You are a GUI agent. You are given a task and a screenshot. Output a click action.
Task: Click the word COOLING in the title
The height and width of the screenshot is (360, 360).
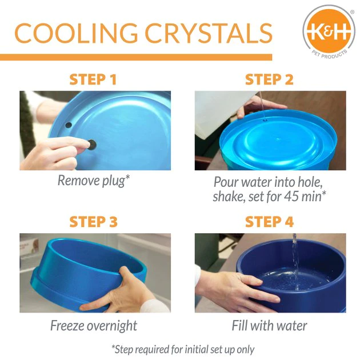[76, 34]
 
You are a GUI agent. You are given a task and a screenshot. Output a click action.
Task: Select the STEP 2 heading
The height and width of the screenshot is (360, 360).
[270, 79]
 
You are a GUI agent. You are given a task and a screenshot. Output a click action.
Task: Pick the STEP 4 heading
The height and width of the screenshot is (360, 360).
[270, 221]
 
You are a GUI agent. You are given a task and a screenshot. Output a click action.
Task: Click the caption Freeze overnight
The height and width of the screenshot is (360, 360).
[94, 326]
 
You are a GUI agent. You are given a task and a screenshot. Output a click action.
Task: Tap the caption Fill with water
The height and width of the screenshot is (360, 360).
[270, 326]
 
